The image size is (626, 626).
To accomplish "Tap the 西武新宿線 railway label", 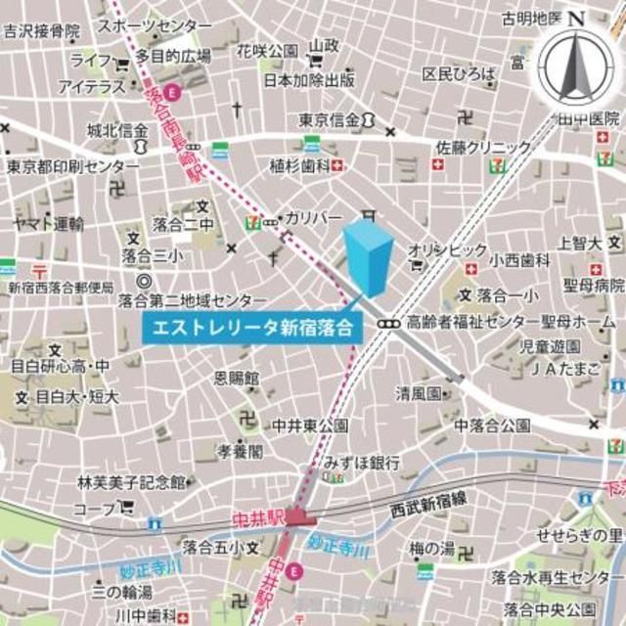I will point(428,511).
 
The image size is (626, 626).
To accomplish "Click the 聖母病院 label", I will point(591,286).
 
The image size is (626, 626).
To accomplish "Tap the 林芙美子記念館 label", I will point(131,482).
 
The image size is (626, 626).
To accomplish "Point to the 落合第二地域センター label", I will point(193,299).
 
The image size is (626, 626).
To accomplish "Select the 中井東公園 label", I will point(310,425).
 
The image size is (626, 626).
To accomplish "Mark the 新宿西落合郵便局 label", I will point(62,288).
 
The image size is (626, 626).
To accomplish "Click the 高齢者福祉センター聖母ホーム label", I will point(511,322).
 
